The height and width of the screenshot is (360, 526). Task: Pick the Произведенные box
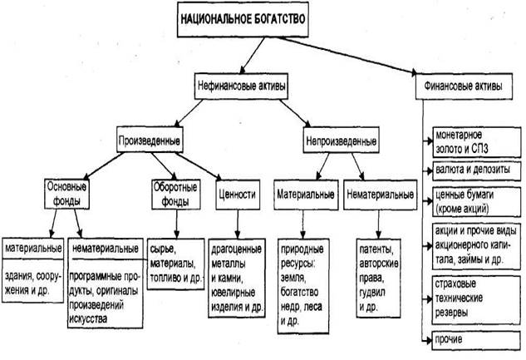tap(150, 137)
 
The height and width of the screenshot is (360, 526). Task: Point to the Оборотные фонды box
tap(175, 194)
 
